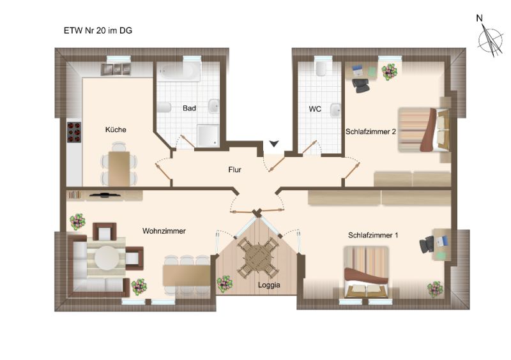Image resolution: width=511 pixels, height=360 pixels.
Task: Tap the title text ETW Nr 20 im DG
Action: [98, 31]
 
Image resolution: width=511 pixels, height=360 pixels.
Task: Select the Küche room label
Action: [116, 130]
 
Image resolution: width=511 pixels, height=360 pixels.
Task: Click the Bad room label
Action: [189, 108]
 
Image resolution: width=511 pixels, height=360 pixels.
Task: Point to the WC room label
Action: [315, 109]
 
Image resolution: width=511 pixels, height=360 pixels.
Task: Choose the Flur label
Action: [234, 170]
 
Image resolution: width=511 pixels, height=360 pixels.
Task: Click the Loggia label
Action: [269, 285]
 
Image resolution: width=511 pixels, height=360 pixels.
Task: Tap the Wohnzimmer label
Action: [164, 231]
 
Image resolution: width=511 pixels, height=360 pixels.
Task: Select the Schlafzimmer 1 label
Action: [373, 236]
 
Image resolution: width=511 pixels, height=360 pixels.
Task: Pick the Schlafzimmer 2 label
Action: [370, 131]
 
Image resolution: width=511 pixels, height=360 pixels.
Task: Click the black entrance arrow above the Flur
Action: [274, 144]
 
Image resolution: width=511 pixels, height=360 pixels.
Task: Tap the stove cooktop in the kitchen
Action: [74, 132]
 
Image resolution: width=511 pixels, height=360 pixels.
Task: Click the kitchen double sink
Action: [116, 69]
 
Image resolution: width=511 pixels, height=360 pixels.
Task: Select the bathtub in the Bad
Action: [179, 71]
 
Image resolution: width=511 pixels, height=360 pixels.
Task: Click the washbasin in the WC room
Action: [335, 110]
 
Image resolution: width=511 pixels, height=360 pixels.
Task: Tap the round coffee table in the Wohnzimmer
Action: [107, 257]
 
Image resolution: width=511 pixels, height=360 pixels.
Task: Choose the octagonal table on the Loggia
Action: [258, 258]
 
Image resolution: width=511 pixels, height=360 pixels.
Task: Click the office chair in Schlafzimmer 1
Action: [427, 244]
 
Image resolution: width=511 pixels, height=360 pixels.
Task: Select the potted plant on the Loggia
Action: [225, 284]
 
